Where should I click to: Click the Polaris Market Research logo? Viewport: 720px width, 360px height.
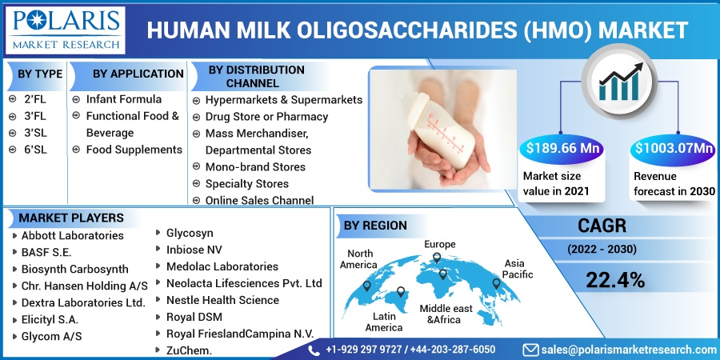coord(66,29)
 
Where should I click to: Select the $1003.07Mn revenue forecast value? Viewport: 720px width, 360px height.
coord(674,149)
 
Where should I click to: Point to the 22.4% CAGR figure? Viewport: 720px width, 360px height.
coord(615,280)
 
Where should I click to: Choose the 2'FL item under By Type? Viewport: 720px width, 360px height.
coord(35,99)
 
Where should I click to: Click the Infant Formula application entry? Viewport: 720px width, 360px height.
coord(124,99)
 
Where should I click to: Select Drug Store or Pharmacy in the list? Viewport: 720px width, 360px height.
coord(266,117)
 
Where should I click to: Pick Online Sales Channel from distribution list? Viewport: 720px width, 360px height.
coord(259,200)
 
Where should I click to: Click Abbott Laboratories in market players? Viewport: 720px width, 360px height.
coord(73,235)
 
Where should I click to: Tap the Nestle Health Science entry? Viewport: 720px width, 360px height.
coord(222,300)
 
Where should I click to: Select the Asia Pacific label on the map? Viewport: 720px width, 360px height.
coord(518,269)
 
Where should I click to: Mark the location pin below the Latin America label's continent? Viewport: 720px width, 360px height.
coord(401,291)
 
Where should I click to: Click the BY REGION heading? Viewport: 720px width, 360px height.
coord(376,226)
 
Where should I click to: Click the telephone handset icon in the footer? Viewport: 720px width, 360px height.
coord(314,350)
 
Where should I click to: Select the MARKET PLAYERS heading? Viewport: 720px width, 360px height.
coord(71,218)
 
